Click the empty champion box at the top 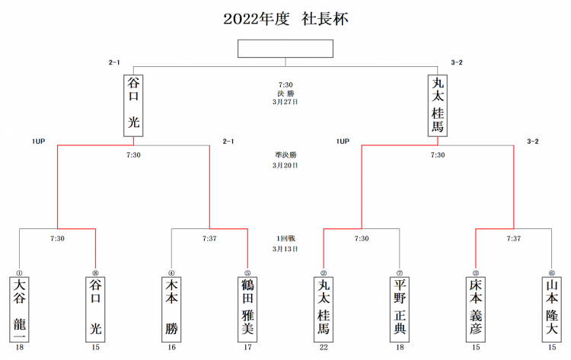(x=285, y=48)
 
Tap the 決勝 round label (x=285, y=93)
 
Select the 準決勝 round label (x=285, y=155)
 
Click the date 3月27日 (x=285, y=100)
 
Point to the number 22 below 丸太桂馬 (x=324, y=349)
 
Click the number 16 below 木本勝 (x=172, y=349)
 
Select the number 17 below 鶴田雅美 (x=247, y=349)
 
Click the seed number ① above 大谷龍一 (x=20, y=272)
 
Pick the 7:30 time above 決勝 (x=285, y=84)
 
